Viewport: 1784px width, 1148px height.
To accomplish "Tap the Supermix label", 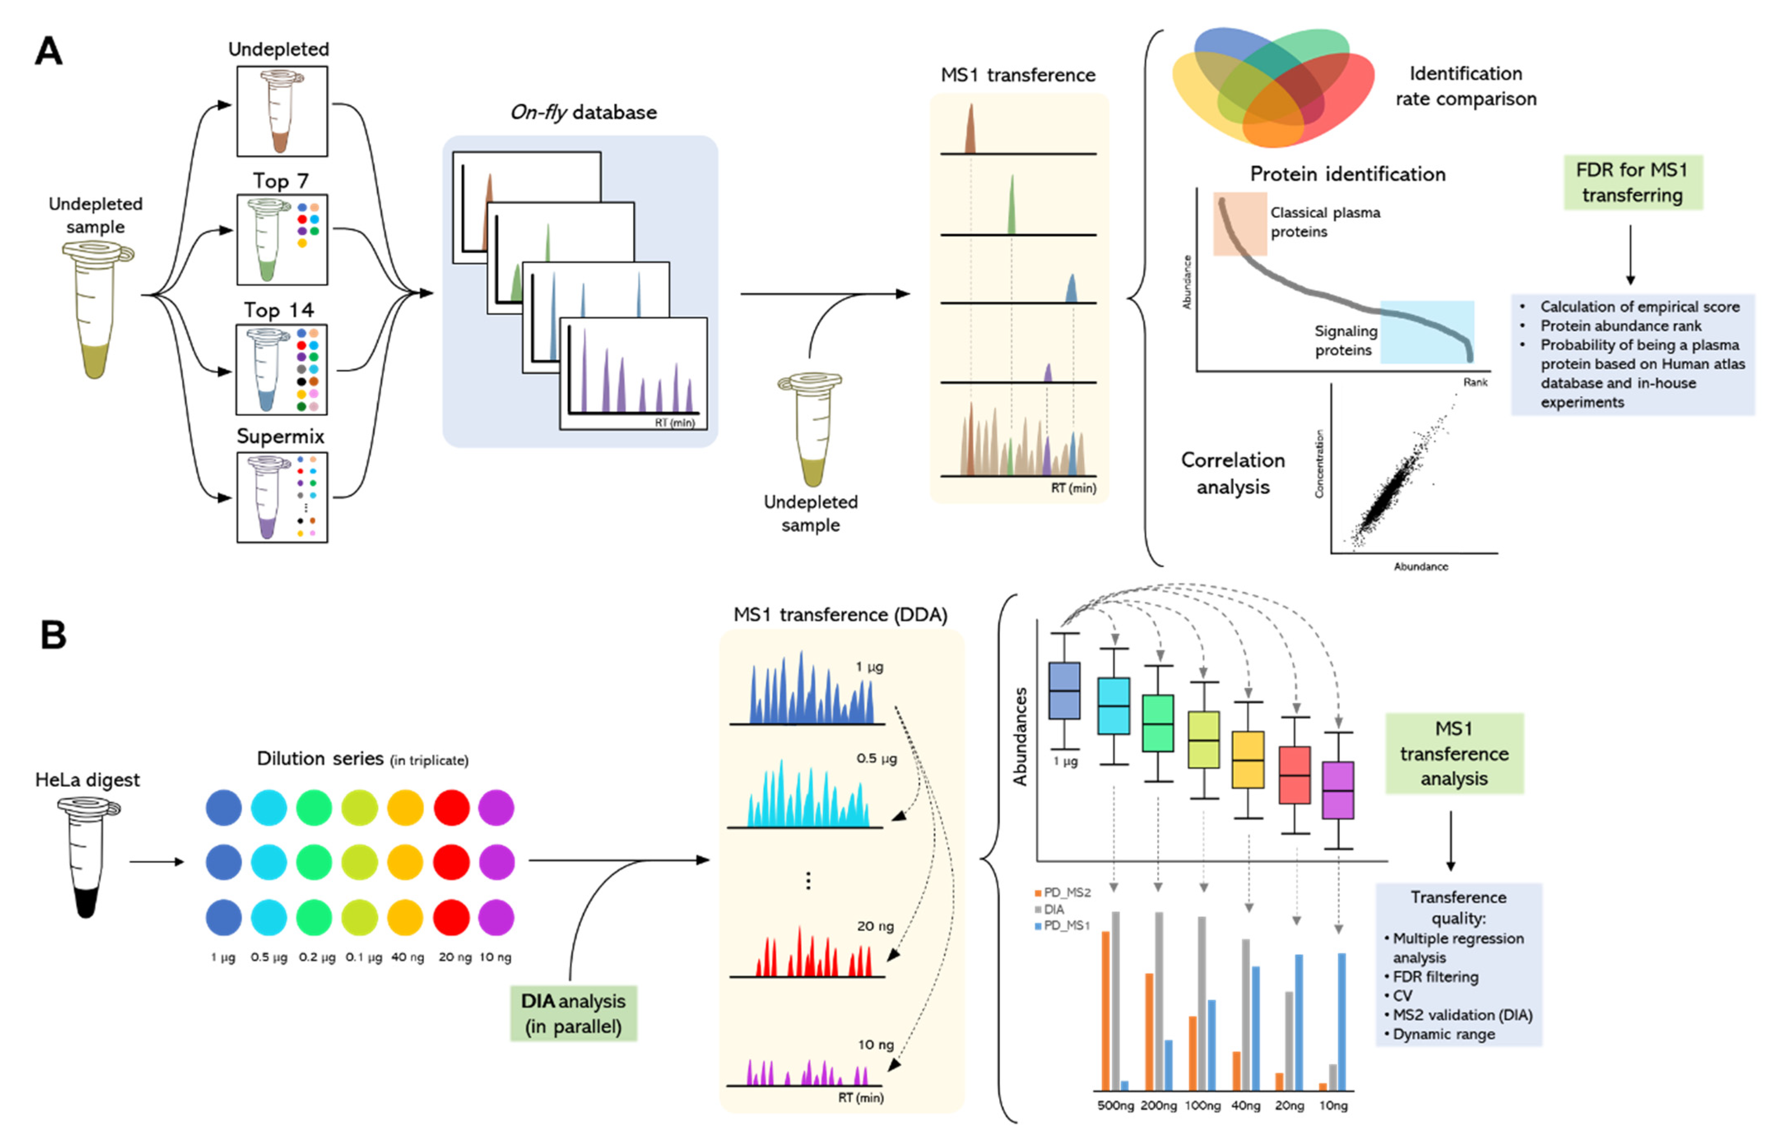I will pyautogui.click(x=281, y=436).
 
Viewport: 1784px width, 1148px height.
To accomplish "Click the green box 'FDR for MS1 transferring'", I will pyautogui.click(x=1632, y=182).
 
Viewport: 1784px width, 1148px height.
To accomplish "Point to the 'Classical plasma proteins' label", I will pyautogui.click(x=1325, y=222).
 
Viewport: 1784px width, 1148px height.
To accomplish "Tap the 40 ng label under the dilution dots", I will pyautogui.click(x=407, y=957).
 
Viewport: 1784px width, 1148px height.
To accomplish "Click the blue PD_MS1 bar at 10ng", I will pyautogui.click(x=1342, y=1021).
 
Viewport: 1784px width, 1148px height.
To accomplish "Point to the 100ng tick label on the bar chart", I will pyautogui.click(x=1202, y=1106).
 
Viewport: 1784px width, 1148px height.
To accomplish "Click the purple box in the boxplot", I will pyautogui.click(x=1338, y=790).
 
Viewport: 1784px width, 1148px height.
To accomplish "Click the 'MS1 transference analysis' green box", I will pyautogui.click(x=1454, y=754).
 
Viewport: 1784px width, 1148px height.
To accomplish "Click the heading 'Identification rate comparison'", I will pyautogui.click(x=1466, y=86).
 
